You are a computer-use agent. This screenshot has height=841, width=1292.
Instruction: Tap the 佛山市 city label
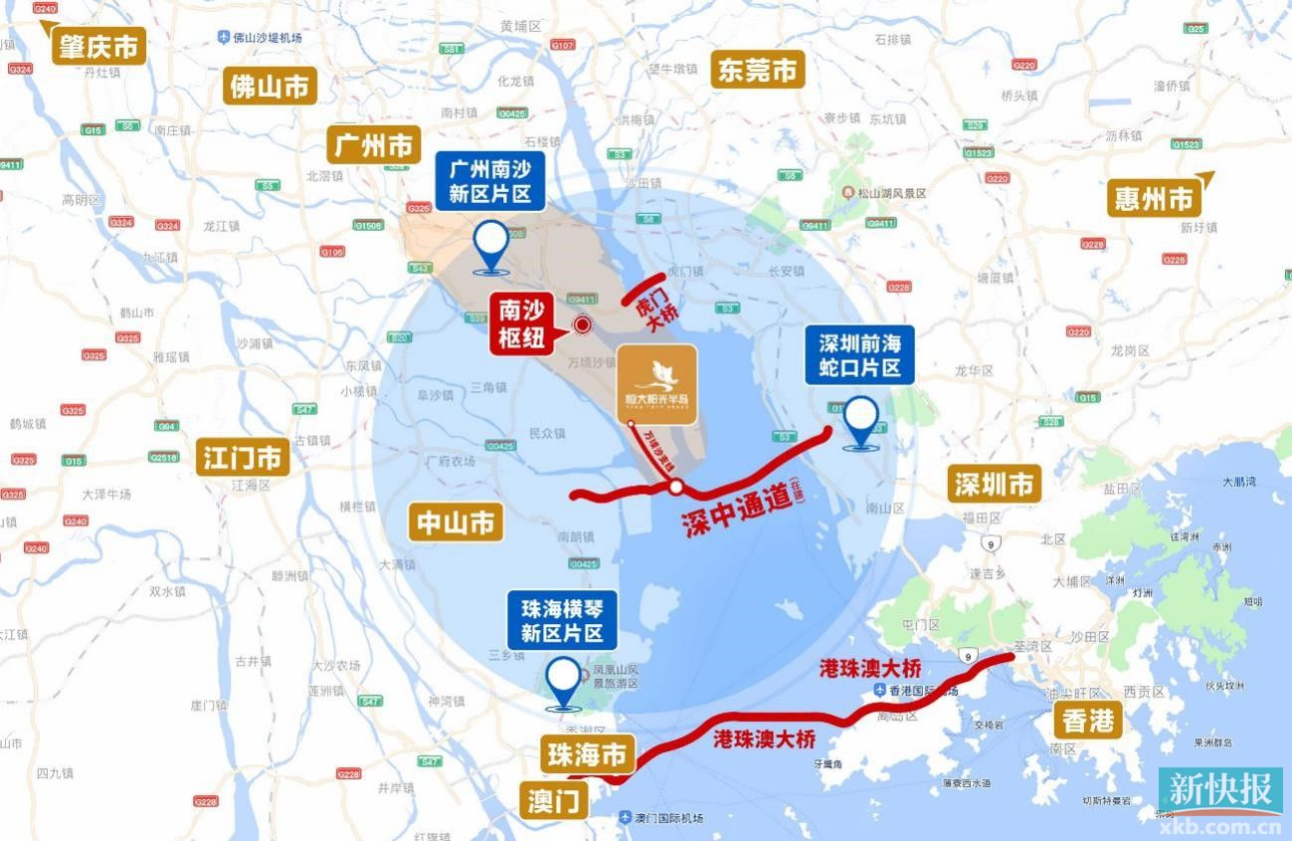[x=271, y=86]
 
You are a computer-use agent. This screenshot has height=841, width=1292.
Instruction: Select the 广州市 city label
[x=374, y=145]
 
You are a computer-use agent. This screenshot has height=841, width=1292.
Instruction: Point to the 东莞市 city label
[x=758, y=70]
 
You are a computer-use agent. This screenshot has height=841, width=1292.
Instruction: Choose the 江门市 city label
[x=243, y=458]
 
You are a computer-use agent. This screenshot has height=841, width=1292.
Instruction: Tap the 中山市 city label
[x=456, y=522]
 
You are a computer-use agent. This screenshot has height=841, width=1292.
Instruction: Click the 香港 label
[x=1088, y=720]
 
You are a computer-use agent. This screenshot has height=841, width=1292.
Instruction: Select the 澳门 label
[x=554, y=800]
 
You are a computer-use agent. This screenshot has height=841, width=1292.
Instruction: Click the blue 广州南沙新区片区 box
[x=489, y=181]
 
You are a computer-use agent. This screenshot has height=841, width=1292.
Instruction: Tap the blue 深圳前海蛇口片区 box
[x=859, y=356]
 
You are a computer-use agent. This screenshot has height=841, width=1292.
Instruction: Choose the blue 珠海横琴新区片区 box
[x=562, y=620]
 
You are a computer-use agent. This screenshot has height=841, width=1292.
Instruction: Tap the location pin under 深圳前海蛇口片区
[x=861, y=421]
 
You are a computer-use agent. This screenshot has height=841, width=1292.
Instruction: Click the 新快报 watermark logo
[x=1219, y=791]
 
